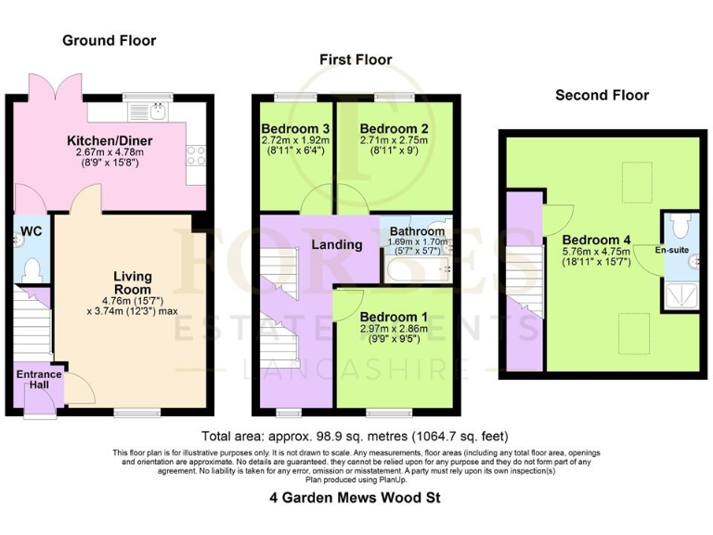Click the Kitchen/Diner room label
109,141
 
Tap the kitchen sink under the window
160,112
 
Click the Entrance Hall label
38,380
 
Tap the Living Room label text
133,283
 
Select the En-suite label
672,251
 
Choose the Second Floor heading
602,95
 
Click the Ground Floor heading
109,41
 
